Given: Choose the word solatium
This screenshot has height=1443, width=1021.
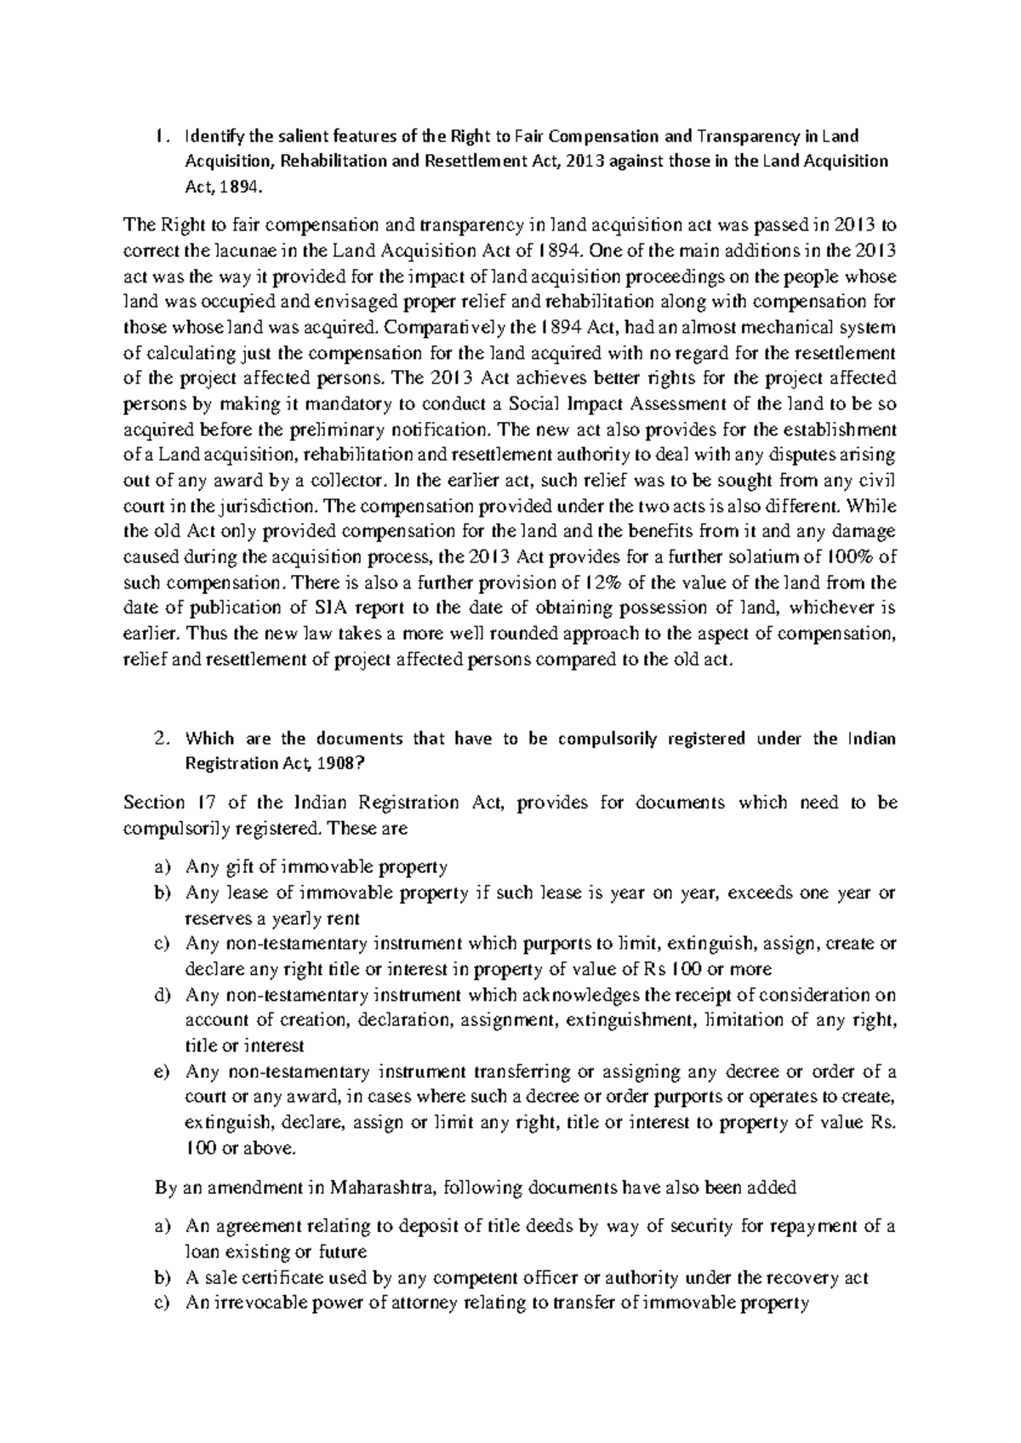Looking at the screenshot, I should tap(767, 557).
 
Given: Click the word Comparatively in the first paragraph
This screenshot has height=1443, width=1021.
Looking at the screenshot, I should tap(443, 327).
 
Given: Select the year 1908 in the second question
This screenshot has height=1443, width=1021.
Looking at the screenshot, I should tap(341, 763).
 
